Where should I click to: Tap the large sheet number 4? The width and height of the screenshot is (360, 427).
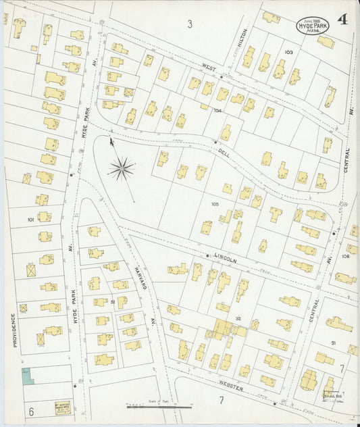pos(343,19)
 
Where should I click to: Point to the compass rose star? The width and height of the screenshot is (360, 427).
pos(121,168)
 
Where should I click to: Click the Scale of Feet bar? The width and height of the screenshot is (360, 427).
pos(159,407)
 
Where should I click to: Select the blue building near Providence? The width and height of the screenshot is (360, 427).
pos(27,376)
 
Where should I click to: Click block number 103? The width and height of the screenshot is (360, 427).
pos(288,52)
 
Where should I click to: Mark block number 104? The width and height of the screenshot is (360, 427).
pos(217,109)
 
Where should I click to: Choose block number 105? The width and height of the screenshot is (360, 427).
pos(215,203)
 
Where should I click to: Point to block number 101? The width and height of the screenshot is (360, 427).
pos(30,219)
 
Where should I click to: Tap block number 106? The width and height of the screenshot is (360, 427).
pos(345,256)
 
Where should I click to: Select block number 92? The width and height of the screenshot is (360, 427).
pos(238,318)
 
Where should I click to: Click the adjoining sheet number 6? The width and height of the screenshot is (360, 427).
pos(31,410)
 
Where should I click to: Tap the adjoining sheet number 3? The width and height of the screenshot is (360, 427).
pos(190,24)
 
